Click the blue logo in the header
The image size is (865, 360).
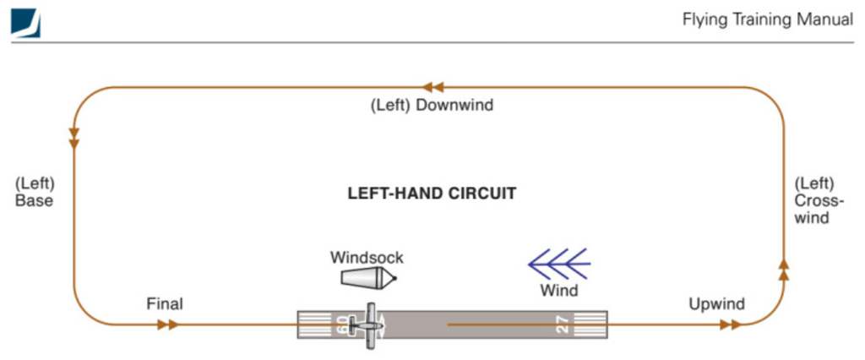pos(25,23)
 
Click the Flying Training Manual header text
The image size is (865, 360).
pos(768,20)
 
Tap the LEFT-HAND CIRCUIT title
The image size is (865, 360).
pos(432,194)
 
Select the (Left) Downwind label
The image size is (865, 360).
pos(432,106)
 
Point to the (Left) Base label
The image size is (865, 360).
pos(35,192)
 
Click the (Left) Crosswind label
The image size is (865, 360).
pos(814,200)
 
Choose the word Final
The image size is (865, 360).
pos(165,303)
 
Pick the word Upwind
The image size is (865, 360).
pos(716,303)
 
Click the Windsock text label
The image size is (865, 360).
pos(367,257)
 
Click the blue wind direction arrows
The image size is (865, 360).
pos(559,264)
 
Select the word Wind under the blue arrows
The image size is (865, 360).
pos(559,290)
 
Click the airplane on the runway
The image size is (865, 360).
pos(371,325)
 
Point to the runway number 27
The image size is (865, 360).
pos(563,325)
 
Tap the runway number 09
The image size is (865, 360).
pos(341,325)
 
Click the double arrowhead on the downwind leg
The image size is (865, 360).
pos(433,87)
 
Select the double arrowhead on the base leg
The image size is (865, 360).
pos(73,139)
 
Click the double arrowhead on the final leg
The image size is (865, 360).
pos(168,325)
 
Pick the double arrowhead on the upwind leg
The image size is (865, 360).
pos(731,325)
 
